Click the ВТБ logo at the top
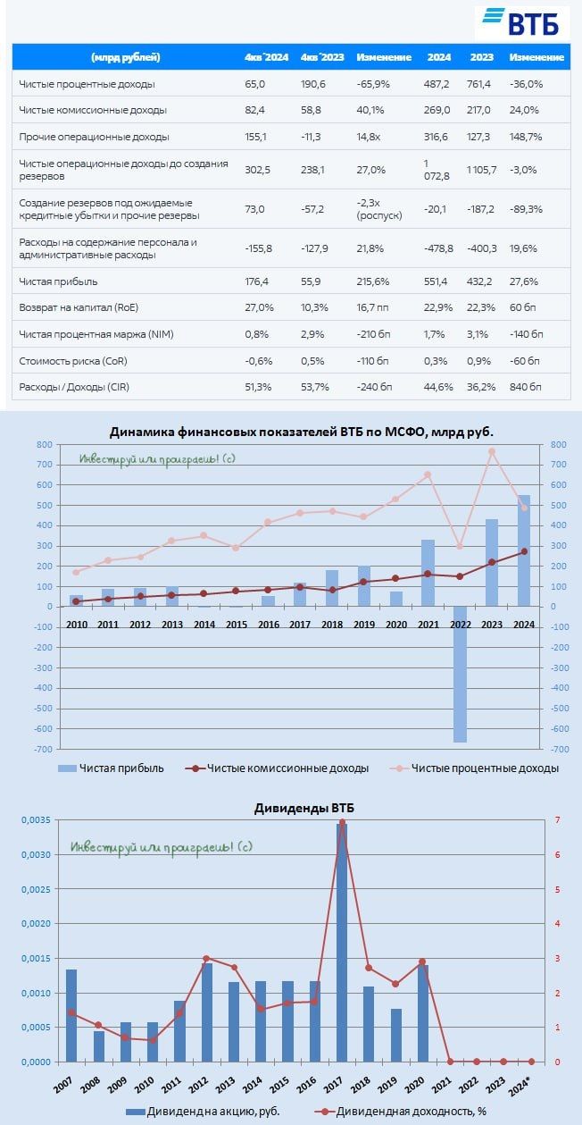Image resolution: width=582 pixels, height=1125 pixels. (521, 21)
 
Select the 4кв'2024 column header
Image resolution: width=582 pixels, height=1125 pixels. (266, 57)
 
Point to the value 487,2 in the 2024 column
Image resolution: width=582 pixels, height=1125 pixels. (438, 84)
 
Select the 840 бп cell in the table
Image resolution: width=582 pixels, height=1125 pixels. (526, 386)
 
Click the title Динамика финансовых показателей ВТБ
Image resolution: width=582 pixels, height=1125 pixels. (301, 432)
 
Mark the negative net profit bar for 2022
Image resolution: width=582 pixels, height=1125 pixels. (460, 674)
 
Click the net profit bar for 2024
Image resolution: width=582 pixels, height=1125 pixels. (524, 550)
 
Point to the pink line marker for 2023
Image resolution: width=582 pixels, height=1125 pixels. (492, 451)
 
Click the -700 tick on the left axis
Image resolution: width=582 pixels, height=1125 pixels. (41, 749)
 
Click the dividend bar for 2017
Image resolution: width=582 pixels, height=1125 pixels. (341, 943)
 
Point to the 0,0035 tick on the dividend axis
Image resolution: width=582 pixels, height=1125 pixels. (34, 820)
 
